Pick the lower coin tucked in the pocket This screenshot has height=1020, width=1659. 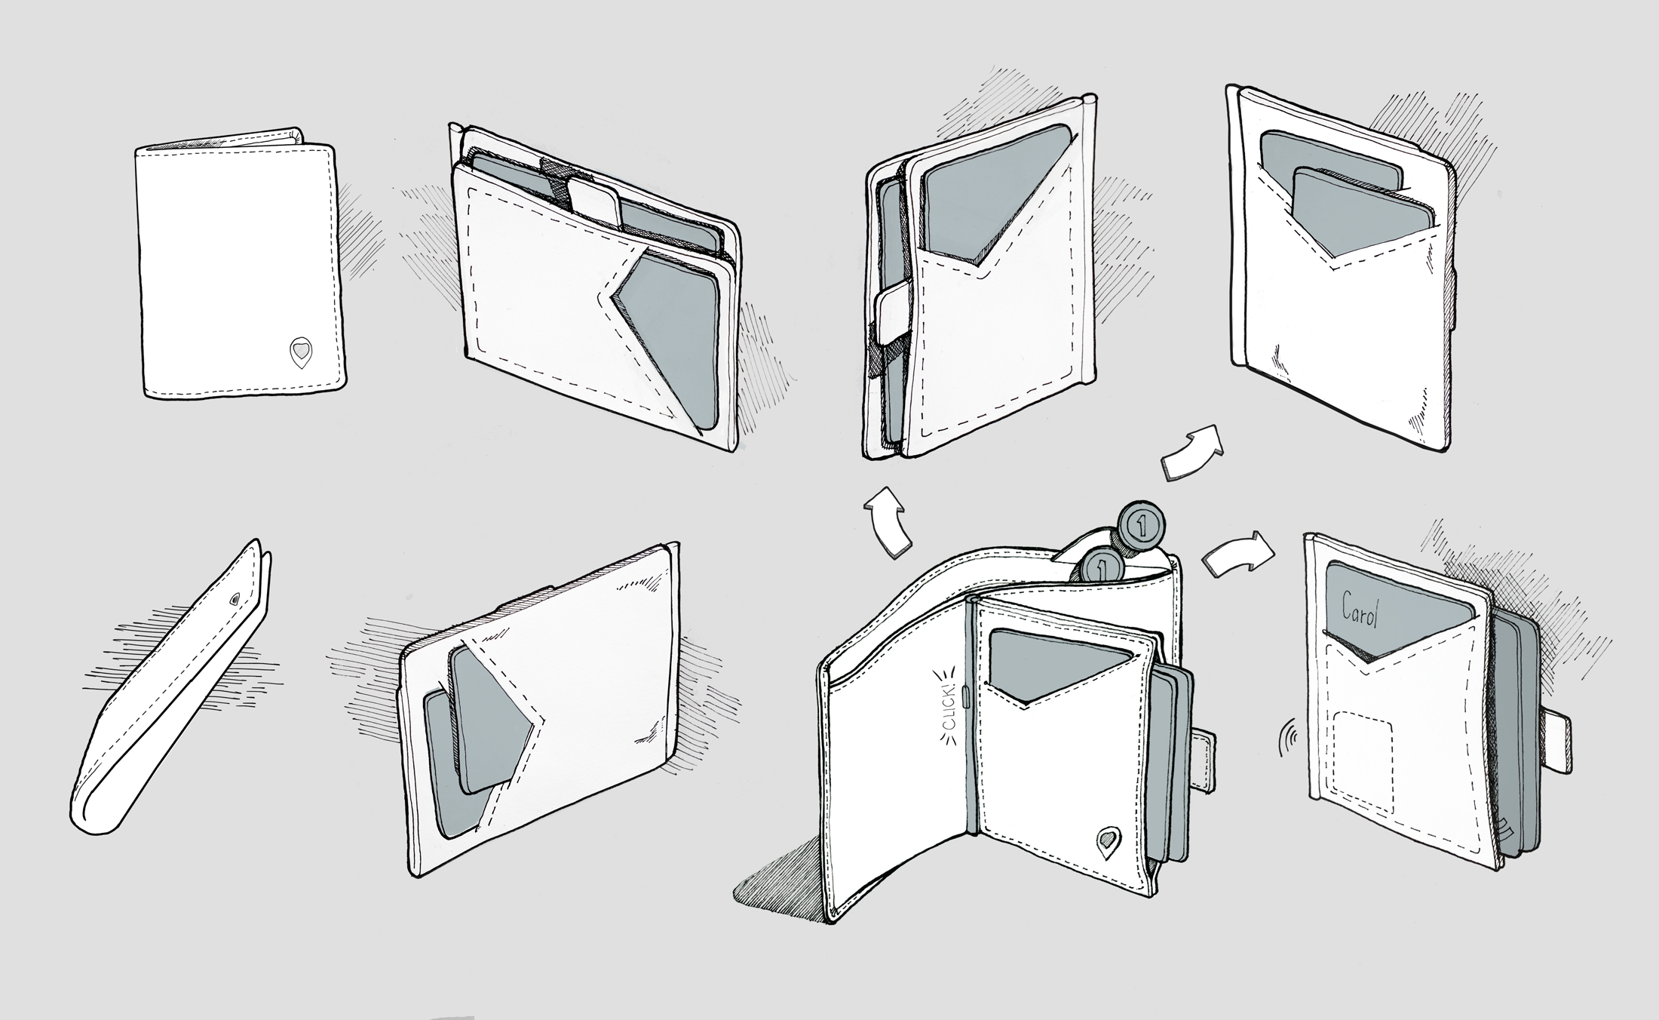click(1101, 565)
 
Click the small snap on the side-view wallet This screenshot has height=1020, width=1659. click(235, 598)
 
